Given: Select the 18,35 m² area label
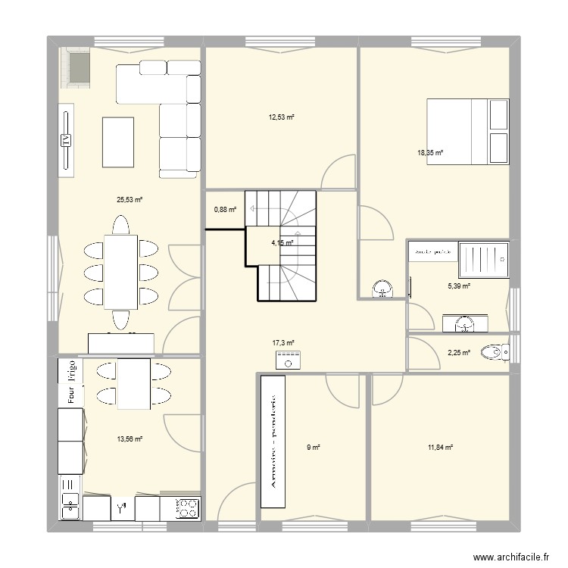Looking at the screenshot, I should click(430, 152).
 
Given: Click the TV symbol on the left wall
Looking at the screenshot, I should click(67, 140).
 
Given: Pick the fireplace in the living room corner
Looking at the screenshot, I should click(76, 69).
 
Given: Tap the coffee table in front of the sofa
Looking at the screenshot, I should click(117, 141).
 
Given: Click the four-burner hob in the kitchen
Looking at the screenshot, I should click(187, 509).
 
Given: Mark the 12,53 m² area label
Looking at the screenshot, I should click(281, 117).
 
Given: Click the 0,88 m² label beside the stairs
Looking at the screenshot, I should click(225, 210).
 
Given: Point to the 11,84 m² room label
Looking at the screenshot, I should click(440, 448).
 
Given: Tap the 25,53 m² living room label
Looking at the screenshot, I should click(130, 200).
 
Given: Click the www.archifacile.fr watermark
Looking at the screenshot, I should click(510, 557).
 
